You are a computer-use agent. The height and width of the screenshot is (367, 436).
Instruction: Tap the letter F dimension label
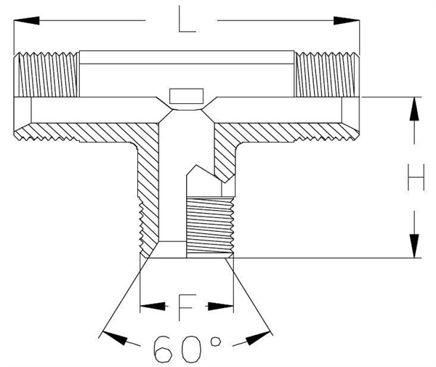click(x=186, y=307)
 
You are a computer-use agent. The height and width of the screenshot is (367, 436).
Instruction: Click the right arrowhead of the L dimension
click(x=352, y=21)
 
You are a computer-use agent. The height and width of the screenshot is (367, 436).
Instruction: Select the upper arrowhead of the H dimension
click(x=415, y=105)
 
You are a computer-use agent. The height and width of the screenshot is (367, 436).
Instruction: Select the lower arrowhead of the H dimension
click(x=415, y=248)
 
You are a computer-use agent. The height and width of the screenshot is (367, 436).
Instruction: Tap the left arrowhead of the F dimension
click(x=147, y=307)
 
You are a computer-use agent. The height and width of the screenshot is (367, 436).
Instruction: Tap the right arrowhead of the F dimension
click(x=227, y=307)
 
